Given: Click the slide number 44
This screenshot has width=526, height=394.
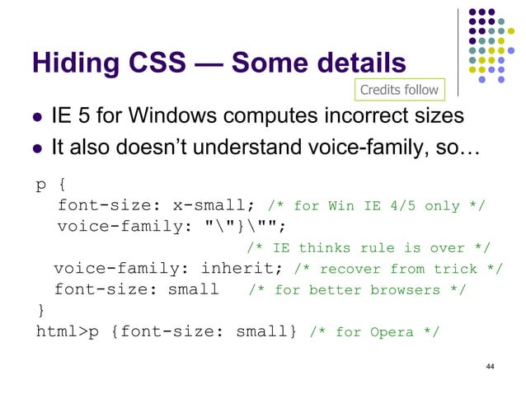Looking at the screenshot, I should [491, 365].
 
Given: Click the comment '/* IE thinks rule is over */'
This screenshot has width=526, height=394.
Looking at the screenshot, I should [369, 248].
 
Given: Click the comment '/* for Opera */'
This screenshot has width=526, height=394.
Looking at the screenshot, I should [374, 332].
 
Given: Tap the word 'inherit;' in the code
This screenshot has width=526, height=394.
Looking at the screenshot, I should [251, 268].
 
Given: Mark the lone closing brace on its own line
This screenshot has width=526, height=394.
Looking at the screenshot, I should [40, 311].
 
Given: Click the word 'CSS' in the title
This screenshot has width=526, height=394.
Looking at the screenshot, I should [162, 63].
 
